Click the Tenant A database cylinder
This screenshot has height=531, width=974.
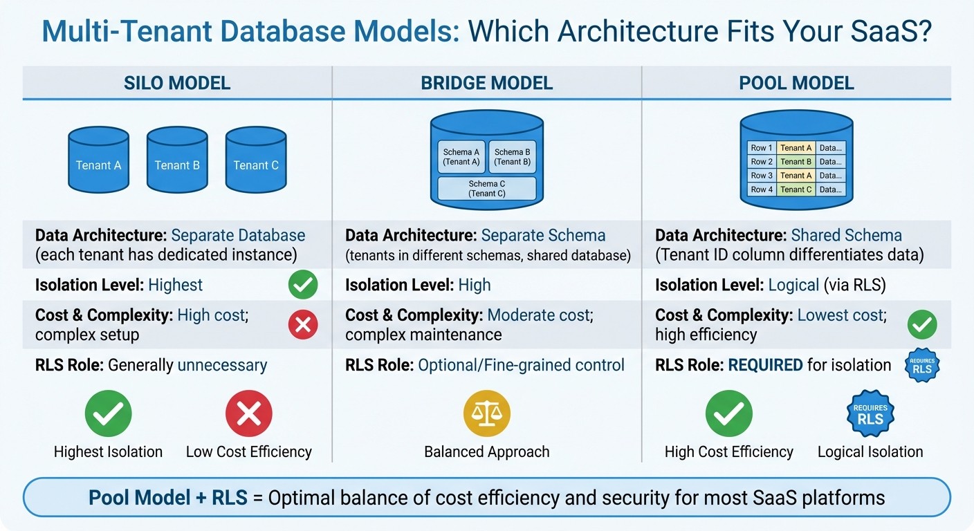[98, 160]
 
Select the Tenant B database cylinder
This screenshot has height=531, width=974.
[177, 160]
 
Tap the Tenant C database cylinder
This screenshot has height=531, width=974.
[256, 160]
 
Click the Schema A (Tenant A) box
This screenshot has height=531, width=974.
[461, 157]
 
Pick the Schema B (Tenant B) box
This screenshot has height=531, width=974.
[513, 157]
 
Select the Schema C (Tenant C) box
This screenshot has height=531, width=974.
[487, 189]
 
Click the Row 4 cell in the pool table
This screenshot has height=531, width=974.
[762, 189]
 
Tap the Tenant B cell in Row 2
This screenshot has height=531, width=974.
[796, 162]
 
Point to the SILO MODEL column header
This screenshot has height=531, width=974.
[177, 84]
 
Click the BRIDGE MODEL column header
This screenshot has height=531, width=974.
[487, 84]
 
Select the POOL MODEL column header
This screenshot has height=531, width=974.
[796, 84]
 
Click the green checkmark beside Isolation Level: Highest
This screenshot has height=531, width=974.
[303, 285]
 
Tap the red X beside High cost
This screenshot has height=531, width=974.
[303, 324]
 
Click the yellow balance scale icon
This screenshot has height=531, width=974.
[487, 413]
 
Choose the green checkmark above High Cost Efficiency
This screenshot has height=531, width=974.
[728, 413]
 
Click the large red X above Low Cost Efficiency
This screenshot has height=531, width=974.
[249, 413]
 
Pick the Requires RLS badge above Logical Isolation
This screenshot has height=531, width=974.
[870, 413]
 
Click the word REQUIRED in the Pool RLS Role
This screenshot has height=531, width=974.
[765, 364]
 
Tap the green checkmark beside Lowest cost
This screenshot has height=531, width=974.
[922, 324]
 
